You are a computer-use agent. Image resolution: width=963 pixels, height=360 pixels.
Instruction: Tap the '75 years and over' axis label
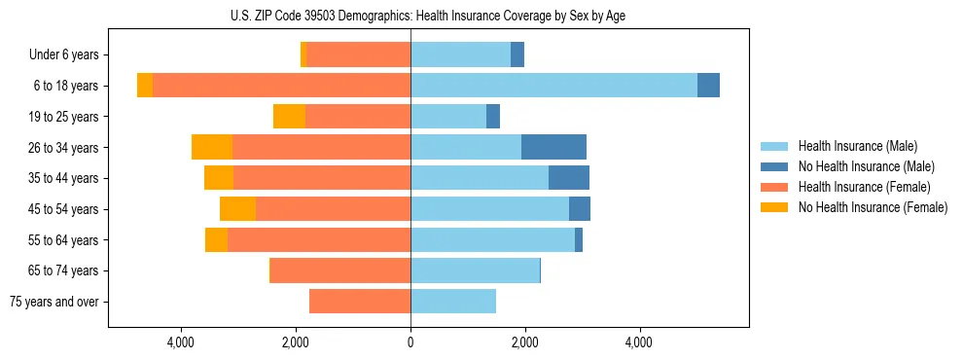(x=54, y=302)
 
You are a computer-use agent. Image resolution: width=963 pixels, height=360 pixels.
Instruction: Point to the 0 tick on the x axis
(x=410, y=342)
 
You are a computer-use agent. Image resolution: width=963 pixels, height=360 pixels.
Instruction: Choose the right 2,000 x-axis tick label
(x=524, y=342)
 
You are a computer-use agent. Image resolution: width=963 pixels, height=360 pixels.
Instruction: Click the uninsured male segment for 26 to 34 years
(x=553, y=147)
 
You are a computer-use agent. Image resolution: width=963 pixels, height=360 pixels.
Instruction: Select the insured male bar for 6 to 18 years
(x=553, y=86)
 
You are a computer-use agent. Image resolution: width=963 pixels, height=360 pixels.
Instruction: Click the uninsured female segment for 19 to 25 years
(x=289, y=117)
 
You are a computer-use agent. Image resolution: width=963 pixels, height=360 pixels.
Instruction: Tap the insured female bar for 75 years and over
(x=360, y=302)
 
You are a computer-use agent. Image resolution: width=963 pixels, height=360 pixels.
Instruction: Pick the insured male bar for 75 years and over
(x=453, y=302)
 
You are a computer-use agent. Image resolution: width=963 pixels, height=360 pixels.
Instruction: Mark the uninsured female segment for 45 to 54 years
(x=237, y=209)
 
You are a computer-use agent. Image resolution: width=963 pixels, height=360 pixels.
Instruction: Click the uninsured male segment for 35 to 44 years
(x=569, y=178)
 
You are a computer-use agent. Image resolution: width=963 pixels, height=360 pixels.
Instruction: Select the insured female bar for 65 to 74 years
(x=340, y=270)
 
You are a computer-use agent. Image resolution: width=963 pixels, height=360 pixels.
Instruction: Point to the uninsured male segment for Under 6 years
(x=517, y=54)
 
